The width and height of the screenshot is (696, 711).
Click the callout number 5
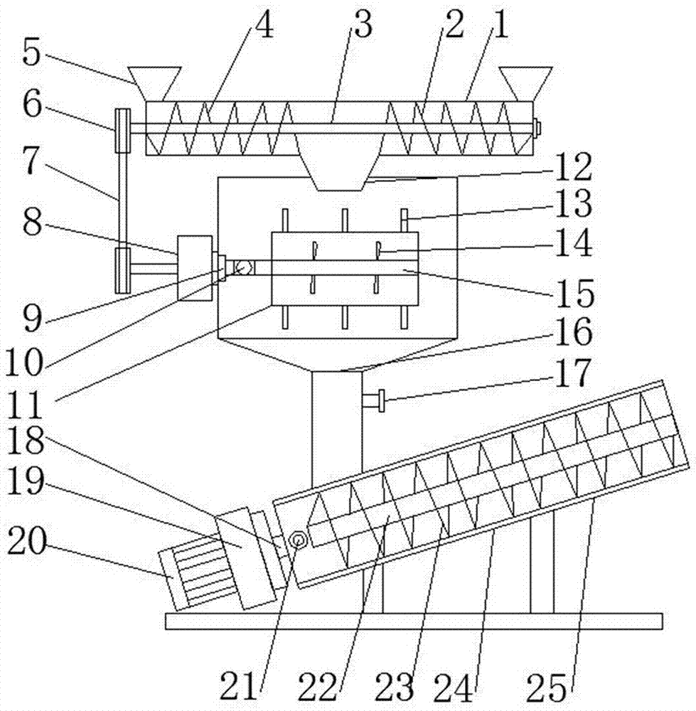32,54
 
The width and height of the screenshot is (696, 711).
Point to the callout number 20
27,542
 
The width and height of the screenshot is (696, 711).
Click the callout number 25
546,688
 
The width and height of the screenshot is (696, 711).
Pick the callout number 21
239,687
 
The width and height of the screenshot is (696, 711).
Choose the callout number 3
363,24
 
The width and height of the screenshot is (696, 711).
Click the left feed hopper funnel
154,83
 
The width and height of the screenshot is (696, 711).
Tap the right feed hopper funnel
525,83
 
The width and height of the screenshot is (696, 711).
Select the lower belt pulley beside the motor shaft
123,270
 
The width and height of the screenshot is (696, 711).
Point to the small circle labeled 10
244,267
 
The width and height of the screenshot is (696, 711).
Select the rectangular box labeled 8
195,267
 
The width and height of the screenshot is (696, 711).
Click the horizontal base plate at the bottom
414,621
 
